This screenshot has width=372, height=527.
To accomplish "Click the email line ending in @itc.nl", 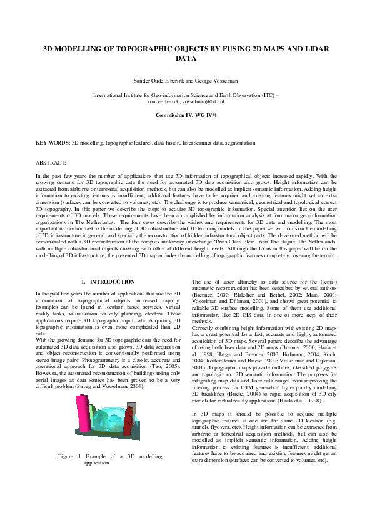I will (x=186, y=101).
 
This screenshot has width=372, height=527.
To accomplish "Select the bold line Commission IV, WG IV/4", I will (x=186, y=116).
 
